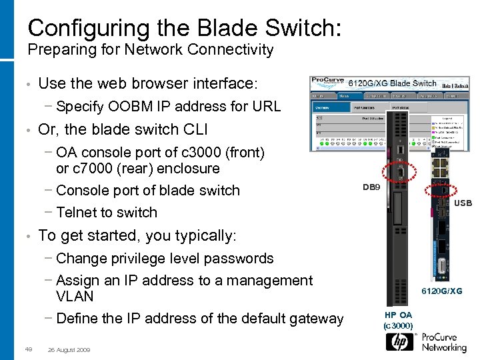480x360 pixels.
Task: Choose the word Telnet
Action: click(79, 213)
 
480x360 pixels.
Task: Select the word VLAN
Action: click(75, 296)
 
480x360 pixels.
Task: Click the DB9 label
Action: click(371, 187)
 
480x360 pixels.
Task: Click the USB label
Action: click(463, 203)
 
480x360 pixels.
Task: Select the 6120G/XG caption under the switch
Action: click(441, 291)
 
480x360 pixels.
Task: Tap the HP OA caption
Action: click(399, 315)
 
